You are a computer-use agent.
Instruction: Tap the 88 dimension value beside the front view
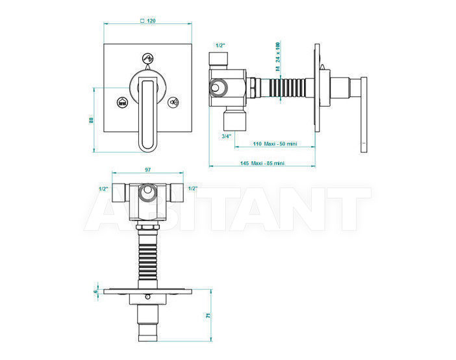pyautogui.click(x=91, y=120)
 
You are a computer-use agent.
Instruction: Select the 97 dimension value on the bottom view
pyautogui.click(x=148, y=170)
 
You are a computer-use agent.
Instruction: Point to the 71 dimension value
pyautogui.click(x=208, y=315)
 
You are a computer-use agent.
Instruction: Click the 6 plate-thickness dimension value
pyautogui.click(x=95, y=291)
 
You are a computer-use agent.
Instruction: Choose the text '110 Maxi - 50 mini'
pyautogui.click(x=275, y=144)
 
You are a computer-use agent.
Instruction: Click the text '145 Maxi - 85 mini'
pyautogui.click(x=262, y=163)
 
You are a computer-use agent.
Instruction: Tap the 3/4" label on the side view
pyautogui.click(x=227, y=136)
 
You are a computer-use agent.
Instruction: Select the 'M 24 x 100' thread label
pyautogui.click(x=278, y=57)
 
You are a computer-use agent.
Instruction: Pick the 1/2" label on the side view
pyautogui.click(x=220, y=45)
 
